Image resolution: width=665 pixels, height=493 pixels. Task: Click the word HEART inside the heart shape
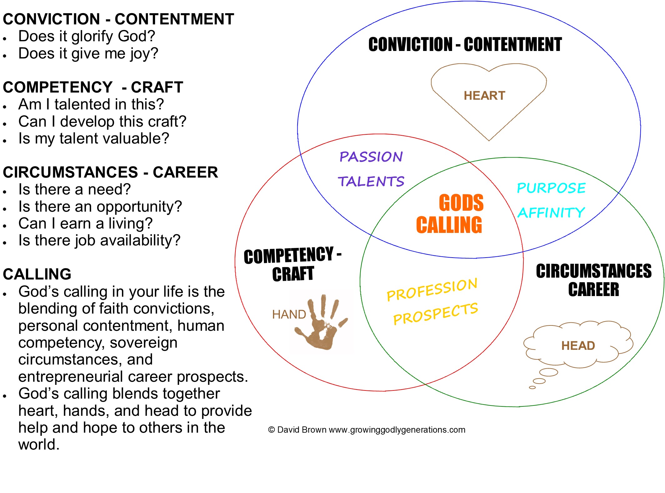coord(484,96)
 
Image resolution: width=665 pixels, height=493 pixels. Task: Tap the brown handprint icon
coord(320,324)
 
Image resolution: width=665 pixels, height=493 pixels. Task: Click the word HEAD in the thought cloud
coord(578,346)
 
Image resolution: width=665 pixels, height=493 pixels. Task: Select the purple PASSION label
coord(371,157)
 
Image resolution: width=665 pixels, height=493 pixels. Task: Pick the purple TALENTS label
coord(371,181)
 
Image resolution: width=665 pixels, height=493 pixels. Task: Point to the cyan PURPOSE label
coord(551,188)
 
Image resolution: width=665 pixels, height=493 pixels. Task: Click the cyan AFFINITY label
coord(551,213)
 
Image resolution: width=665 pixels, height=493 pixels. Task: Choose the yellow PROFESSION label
coord(432,289)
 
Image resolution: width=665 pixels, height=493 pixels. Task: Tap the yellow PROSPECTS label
coord(436,314)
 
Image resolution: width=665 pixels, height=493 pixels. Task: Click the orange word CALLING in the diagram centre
coord(449,225)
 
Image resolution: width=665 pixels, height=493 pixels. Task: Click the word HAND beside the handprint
coord(289,314)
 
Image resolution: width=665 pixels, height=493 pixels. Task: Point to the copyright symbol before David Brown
coord(271,430)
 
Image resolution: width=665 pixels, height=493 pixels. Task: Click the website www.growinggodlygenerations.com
coord(397,430)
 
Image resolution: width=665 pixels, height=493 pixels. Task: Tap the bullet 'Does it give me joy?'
coord(88,53)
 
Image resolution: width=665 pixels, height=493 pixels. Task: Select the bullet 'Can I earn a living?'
coord(85,224)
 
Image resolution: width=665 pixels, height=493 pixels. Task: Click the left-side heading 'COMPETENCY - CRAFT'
coord(93,87)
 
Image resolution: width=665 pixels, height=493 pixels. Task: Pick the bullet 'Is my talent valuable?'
coord(93,138)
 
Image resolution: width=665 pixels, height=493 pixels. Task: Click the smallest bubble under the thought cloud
coord(532,388)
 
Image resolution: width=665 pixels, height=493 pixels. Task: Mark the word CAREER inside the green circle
coord(593,289)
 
